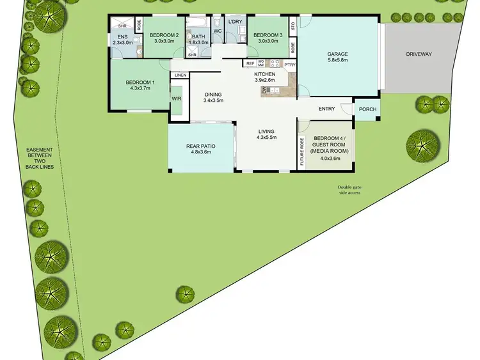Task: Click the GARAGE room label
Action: tap(337, 54)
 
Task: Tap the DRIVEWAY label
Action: tap(419, 54)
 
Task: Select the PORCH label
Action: tap(367, 109)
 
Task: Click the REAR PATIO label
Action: tap(200, 146)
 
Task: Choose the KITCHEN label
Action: tap(265, 74)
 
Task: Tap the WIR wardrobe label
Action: tap(177, 99)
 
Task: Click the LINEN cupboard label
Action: tap(180, 75)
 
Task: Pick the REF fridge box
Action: tap(250, 63)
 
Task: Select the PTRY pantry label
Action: tap(290, 64)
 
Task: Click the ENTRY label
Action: tap(326, 109)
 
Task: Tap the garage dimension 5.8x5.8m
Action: tap(337, 61)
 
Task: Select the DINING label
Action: tap(213, 94)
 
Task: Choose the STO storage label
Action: tap(293, 26)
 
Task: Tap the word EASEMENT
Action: tap(40, 150)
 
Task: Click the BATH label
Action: tap(198, 36)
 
